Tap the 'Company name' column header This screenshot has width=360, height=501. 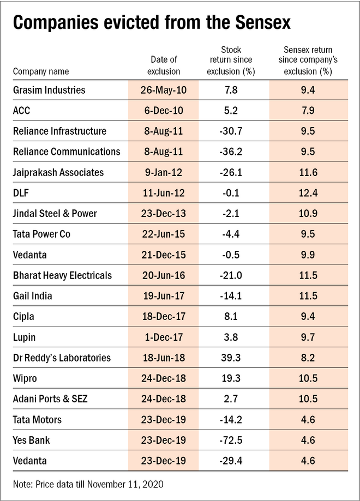tap(37, 71)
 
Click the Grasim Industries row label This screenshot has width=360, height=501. tap(50, 89)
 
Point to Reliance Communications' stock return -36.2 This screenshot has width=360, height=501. tap(236, 152)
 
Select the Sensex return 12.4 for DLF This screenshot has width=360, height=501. tap(304, 193)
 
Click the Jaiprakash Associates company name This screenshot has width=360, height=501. tap(58, 172)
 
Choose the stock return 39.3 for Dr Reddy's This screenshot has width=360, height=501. tap(236, 358)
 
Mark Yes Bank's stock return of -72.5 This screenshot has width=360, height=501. tap(236, 440)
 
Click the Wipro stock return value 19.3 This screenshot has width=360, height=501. tap(236, 378)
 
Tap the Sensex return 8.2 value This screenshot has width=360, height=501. tap(304, 358)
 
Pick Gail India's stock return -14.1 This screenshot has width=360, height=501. tap(236, 296)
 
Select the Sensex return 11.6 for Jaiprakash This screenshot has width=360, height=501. tap(304, 172)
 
